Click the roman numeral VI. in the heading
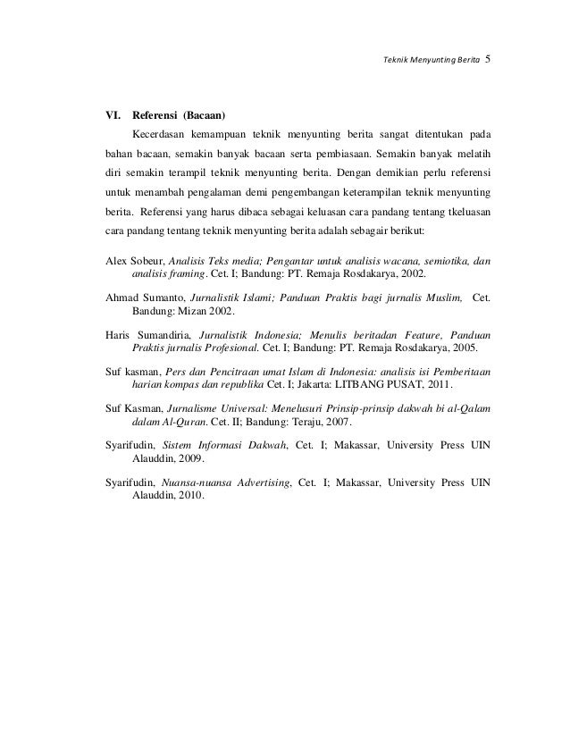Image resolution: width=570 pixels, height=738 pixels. [113, 116]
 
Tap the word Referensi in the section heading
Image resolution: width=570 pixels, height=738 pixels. [155, 116]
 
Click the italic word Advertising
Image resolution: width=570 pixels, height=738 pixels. [262, 481]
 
